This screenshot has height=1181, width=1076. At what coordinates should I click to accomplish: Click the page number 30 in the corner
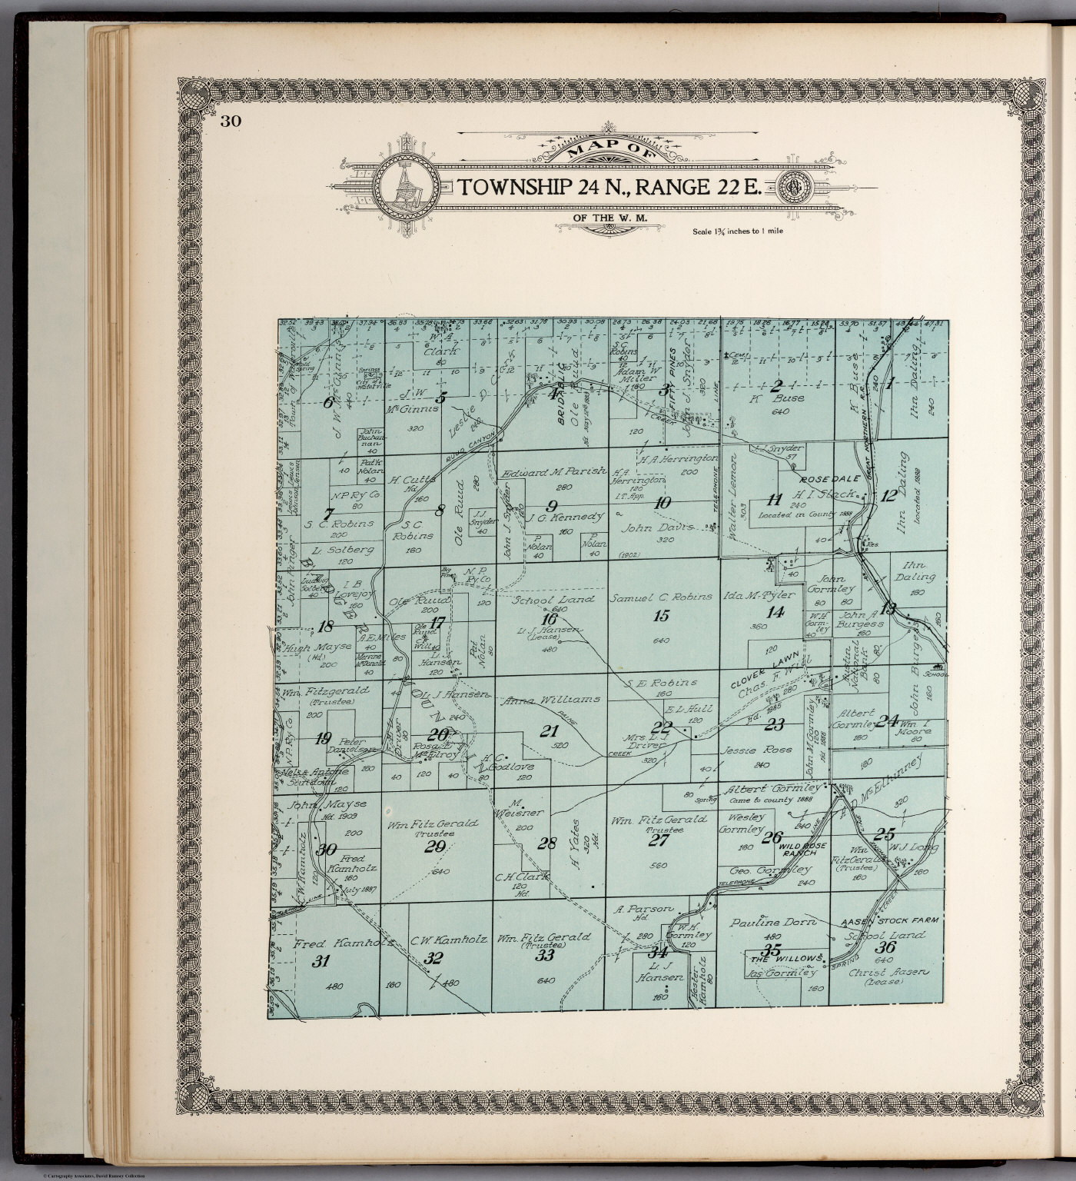pyautogui.click(x=230, y=121)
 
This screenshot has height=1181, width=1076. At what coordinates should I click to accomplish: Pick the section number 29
pyautogui.click(x=435, y=847)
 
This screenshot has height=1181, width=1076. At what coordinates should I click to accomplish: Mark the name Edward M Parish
pyautogui.click(x=553, y=471)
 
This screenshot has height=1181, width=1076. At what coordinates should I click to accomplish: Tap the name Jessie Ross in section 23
pyautogui.click(x=745, y=750)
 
